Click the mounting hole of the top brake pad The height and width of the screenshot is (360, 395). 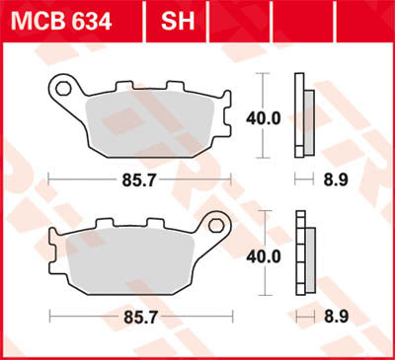[65, 90]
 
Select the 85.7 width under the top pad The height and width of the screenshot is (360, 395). [139, 180]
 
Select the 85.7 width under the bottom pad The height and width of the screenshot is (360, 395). [139, 318]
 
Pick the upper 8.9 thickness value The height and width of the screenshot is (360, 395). [334, 180]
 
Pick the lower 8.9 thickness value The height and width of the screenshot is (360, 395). [334, 318]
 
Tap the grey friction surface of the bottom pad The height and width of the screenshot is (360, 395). [128, 261]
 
